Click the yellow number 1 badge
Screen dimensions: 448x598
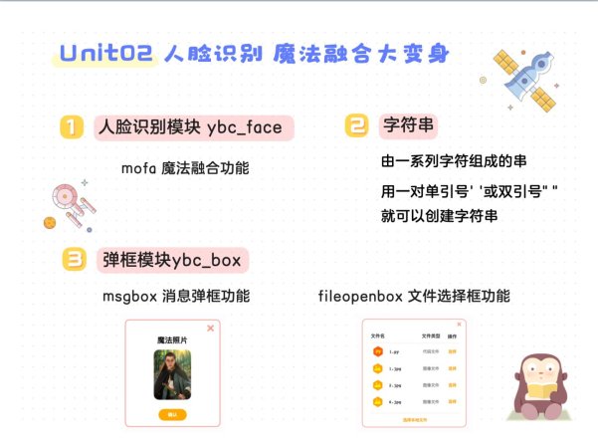[71, 127]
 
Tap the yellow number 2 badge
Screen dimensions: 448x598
[356, 125]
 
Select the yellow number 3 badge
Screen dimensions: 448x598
[74, 260]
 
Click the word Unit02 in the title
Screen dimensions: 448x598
[104, 55]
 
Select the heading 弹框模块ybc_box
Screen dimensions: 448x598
[171, 260]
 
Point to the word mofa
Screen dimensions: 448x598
[138, 167]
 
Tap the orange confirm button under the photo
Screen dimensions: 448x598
[171, 413]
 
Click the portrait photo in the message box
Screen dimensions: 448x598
[171, 376]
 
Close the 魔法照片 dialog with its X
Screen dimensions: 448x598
[210, 328]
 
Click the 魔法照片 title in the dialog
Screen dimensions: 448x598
[171, 340]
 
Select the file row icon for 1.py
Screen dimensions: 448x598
[377, 352]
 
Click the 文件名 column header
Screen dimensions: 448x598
[377, 336]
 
